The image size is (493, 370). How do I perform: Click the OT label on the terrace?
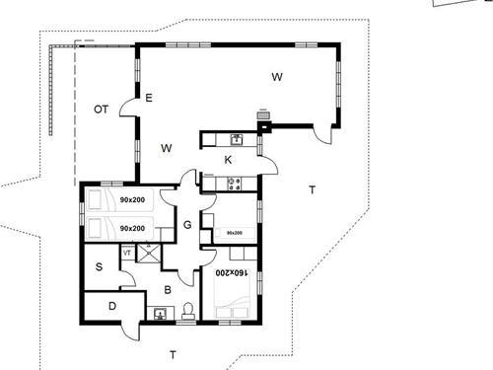pos(101,109)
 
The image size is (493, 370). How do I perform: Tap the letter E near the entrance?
pos(149,98)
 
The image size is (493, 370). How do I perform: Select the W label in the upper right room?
pos(278,76)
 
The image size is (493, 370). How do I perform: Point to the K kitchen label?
pos(228,159)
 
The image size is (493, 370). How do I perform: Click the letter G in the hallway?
pos(186,225)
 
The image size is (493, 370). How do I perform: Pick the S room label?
pos(100,266)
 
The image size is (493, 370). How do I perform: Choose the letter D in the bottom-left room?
pos(111,307)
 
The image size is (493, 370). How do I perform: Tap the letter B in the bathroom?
pos(168,289)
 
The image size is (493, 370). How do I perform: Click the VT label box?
pos(127,254)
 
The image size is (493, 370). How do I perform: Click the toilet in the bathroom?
pos(187,314)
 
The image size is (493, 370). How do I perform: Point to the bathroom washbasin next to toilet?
pos(160,315)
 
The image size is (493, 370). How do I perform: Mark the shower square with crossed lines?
pos(149,254)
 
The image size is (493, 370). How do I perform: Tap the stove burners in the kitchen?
pos(234,182)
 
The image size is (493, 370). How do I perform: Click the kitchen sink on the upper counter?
pos(235,139)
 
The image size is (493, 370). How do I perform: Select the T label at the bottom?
pos(172,353)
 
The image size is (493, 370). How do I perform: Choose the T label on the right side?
pos(312,189)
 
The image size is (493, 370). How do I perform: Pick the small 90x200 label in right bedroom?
pos(235,234)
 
